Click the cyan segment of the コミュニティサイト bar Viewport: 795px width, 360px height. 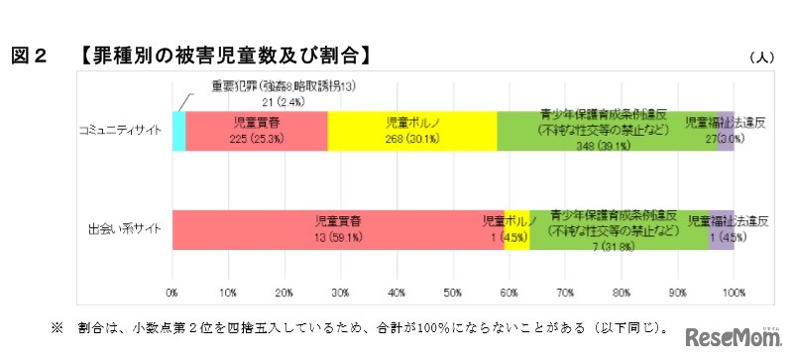pyautogui.click(x=178, y=130)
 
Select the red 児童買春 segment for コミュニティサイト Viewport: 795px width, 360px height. pyautogui.click(x=256, y=130)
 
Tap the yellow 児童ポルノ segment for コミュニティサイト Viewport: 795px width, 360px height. pyautogui.click(x=411, y=130)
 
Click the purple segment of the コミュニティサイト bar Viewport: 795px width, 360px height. pyautogui.click(x=726, y=130)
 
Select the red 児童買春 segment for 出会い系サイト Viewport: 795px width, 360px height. pyautogui.click(x=337, y=229)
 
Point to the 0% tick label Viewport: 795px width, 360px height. pyautogui.click(x=172, y=295)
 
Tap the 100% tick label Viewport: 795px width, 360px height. pyautogui.click(x=734, y=295)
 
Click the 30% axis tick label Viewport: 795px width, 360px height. pyautogui.click(x=341, y=295)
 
